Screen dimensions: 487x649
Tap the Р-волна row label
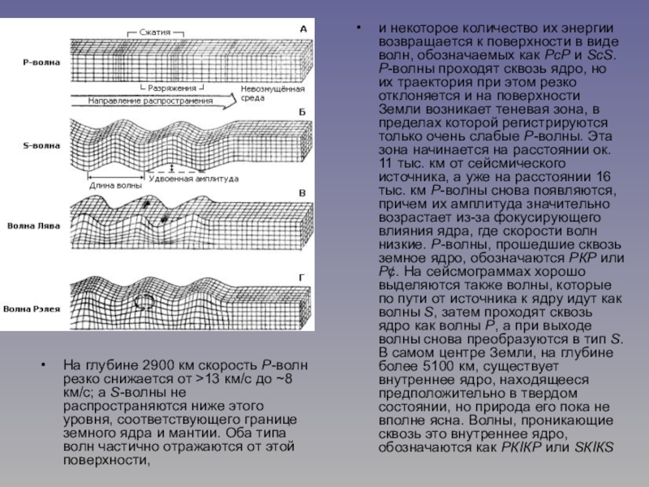tap(38, 61)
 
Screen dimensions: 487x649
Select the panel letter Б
tap(303, 110)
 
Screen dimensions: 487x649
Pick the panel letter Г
tap(302, 278)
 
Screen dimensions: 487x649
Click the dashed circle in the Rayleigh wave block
tap(144, 302)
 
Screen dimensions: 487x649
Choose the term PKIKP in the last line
tap(527, 447)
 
